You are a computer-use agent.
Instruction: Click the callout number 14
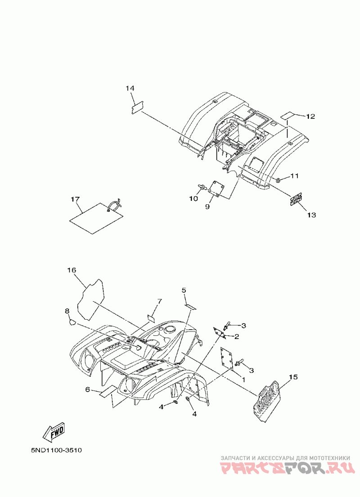[x=130, y=88]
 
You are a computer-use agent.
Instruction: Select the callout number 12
[x=310, y=117]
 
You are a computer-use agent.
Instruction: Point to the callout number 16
[x=72, y=270]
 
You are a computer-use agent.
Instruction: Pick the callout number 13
[x=311, y=215]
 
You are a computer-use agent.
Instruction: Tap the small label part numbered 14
[x=137, y=108]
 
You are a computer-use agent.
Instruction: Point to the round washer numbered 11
[x=279, y=180]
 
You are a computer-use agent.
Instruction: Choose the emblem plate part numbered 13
[x=295, y=199]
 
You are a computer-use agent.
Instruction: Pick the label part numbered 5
[x=190, y=306]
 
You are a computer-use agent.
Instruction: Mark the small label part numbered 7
[x=151, y=316]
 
